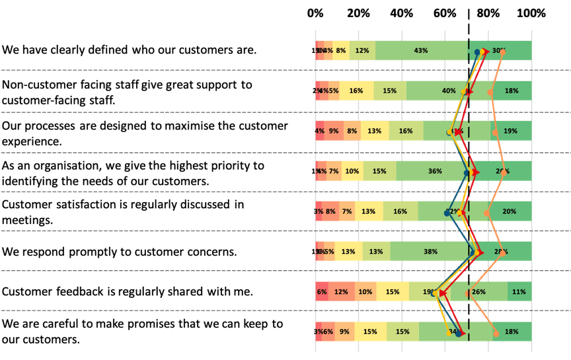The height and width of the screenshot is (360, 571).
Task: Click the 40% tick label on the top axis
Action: pyautogui.click(x=402, y=13)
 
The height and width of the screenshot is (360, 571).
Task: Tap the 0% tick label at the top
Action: pyautogui.click(x=316, y=13)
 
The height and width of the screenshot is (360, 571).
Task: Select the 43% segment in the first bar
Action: pyautogui.click(x=421, y=51)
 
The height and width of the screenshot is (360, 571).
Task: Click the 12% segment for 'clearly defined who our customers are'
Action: pyautogui.click(x=362, y=51)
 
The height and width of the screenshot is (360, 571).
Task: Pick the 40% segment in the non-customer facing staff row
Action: pyautogui.click(x=449, y=91)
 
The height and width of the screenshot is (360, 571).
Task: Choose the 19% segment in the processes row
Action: pyautogui.click(x=510, y=131)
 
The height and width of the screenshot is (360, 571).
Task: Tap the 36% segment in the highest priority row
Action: pyautogui.click(x=435, y=171)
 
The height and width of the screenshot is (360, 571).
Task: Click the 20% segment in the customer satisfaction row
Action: pyautogui.click(x=510, y=211)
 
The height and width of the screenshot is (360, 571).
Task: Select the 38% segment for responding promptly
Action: pyautogui.click(x=431, y=252)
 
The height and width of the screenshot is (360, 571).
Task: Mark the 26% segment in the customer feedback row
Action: pyautogui.click(x=479, y=291)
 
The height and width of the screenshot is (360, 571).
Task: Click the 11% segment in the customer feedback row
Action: pyautogui.click(x=519, y=291)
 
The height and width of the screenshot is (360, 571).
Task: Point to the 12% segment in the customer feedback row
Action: pyautogui.click(x=341, y=291)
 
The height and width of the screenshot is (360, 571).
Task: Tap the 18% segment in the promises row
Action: pyautogui.click(x=511, y=332)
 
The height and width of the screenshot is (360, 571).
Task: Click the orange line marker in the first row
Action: pyautogui.click(x=502, y=52)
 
